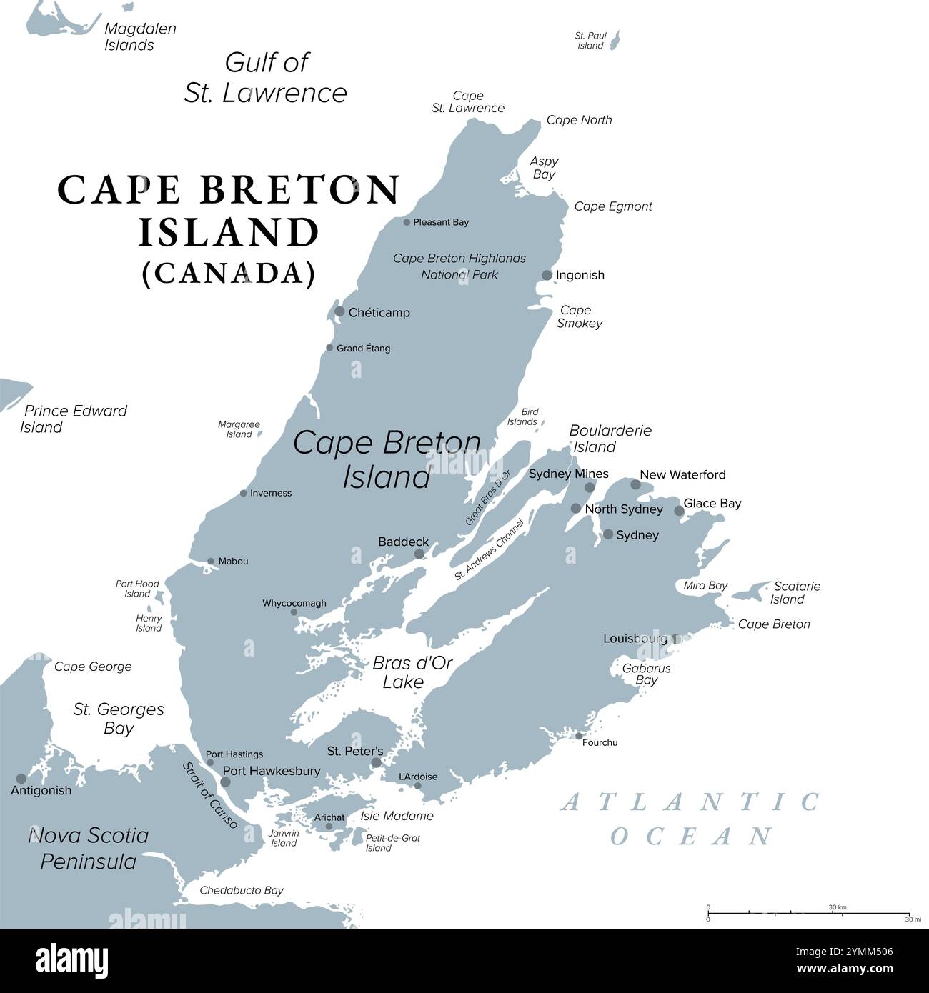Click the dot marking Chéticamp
[x=340, y=311]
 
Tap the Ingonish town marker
[x=547, y=275]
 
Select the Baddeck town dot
[x=419, y=554]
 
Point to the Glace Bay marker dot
[x=679, y=511]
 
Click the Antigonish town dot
[x=21, y=779]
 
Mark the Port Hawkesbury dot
[x=226, y=782]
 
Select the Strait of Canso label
[x=209, y=795]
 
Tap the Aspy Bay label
[x=544, y=168]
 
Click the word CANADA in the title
[x=229, y=274]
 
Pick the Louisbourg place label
[x=635, y=638]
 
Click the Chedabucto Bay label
[x=242, y=890]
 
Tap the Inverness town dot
[x=244, y=493]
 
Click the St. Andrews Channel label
[x=489, y=550]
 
